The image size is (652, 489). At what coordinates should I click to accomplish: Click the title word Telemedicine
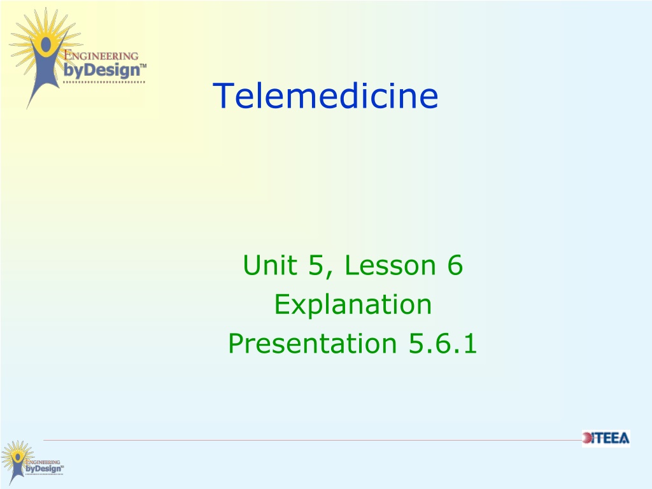pos(325,96)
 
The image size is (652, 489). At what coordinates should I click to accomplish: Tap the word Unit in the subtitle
pos(270,265)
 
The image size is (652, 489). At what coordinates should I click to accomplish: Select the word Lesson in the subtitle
pos(390,265)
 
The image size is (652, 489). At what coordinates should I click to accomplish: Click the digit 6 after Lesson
pos(455,265)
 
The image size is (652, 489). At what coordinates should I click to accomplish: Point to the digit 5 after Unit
pos(316,265)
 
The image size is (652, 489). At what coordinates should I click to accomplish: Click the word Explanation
pos(353,304)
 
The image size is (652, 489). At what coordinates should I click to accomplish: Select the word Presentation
pos(312,343)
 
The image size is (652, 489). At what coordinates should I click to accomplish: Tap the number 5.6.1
pos(443,343)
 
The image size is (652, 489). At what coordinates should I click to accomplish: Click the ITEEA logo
pos(606,438)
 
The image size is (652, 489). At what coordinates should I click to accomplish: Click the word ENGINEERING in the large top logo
pos(101,55)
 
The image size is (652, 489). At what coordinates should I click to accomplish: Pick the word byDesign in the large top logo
pos(101,70)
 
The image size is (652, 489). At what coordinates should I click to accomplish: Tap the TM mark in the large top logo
pos(143,66)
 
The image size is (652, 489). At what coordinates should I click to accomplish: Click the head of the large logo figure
pos(45,44)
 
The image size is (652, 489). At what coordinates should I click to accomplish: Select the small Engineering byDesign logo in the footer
pos(32,462)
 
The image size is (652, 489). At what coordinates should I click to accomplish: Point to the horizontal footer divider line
pos(313,440)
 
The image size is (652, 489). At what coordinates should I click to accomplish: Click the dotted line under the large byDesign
pos(104,82)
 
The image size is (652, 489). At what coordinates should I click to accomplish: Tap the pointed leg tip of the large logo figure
pos(28,107)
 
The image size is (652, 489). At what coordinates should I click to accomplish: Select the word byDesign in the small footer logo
pos(44,469)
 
